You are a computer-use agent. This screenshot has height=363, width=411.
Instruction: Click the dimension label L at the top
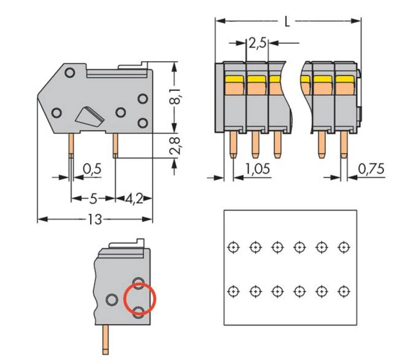pos(287,21)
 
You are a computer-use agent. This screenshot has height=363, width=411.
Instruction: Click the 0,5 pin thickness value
pos(92,169)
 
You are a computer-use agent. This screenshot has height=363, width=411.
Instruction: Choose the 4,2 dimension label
pos(134,199)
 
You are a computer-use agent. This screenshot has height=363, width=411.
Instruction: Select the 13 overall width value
pos(95,220)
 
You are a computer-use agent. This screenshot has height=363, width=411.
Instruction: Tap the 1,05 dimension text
pos(258,169)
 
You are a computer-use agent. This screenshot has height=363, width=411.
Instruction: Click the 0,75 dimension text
pos(371,169)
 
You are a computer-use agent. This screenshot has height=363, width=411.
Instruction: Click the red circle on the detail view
pos(140,300)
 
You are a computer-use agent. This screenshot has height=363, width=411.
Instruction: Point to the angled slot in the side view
pos(89,116)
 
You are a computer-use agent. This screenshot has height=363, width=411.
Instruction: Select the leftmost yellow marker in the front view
pos(235,78)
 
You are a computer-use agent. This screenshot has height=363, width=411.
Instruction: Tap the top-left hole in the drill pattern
pos(233,247)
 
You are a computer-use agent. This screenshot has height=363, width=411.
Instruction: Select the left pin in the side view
pos(71,146)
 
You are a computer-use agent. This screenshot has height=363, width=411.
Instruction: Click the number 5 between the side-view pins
pos(93,199)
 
